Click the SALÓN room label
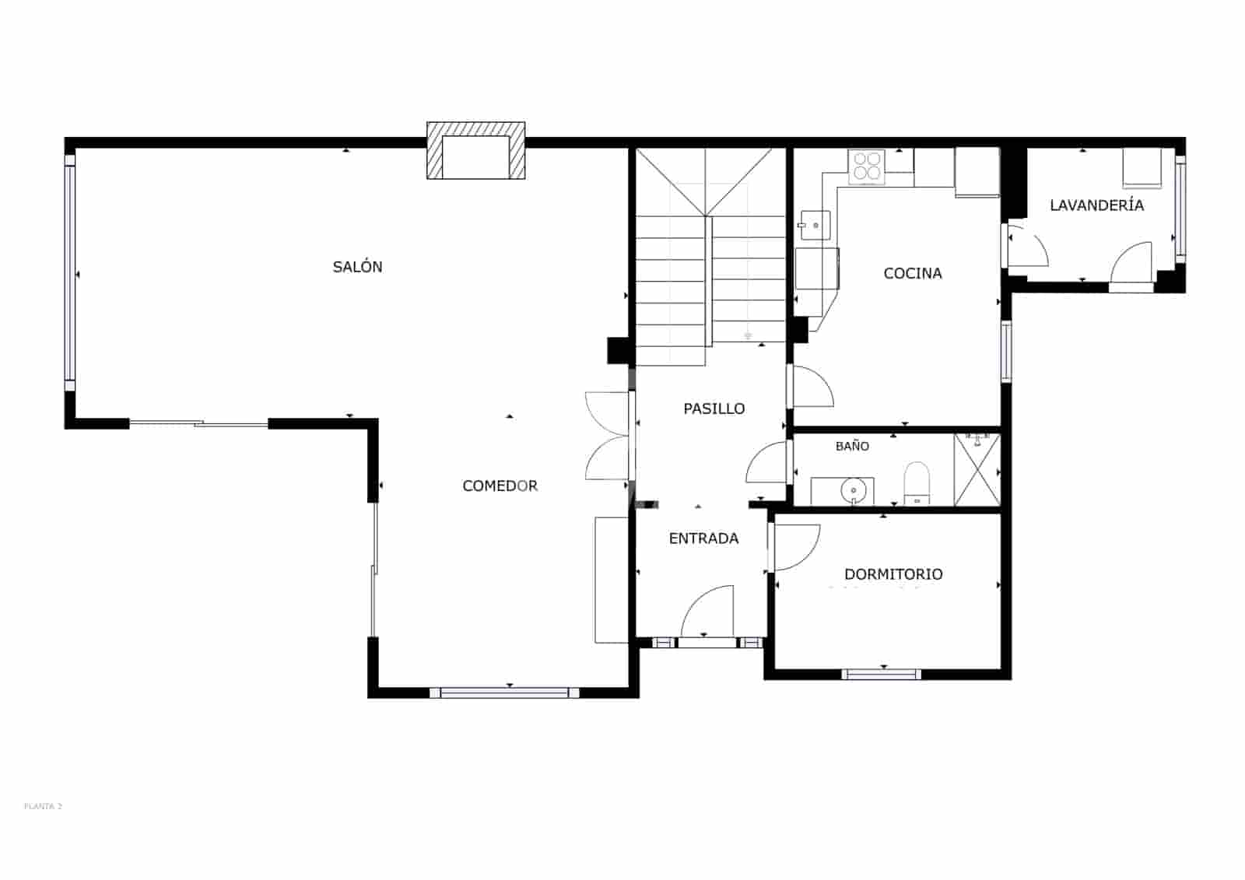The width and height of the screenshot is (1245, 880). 357,267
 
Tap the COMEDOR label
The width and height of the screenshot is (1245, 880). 500,486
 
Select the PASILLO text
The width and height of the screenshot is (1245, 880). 714,408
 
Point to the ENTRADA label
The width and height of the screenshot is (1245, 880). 703,538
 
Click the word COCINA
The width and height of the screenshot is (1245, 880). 913,273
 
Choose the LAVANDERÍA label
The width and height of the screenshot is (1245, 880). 1096,205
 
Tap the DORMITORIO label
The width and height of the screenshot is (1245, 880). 893,574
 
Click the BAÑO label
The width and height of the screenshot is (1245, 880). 852,446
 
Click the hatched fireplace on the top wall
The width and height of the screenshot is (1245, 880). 475,151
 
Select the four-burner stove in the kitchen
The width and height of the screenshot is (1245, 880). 867,167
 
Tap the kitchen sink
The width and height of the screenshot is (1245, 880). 814,226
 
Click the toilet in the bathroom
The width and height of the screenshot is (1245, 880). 917,482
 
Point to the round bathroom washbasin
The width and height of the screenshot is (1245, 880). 854,491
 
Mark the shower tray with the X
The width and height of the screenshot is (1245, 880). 977,470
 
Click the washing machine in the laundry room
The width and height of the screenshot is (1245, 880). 1142,168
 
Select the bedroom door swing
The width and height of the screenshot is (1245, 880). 795,547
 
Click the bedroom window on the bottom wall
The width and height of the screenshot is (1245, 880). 882,674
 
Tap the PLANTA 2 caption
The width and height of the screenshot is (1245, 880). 43,806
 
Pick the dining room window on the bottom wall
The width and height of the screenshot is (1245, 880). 510,692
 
